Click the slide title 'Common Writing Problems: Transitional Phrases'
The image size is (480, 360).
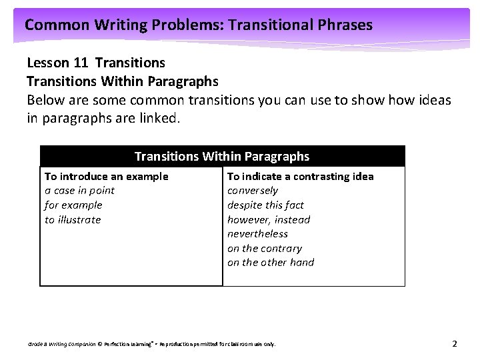pyautogui.click(x=198, y=25)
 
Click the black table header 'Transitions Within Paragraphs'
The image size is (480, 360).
pyautogui.click(x=222, y=156)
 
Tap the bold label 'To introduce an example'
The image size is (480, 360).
pyautogui.click(x=106, y=176)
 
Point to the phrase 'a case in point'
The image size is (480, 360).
pyautogui.click(x=79, y=191)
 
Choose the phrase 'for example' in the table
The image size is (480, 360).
pyautogui.click(x=73, y=205)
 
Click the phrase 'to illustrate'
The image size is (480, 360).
pyautogui.click(x=73, y=220)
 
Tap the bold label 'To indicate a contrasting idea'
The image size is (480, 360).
pyautogui.click(x=300, y=176)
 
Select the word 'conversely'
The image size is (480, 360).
pyautogui.click(x=253, y=191)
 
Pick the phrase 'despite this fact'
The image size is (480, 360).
pyautogui.click(x=265, y=205)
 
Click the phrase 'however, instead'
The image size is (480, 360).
pyautogui.click(x=269, y=220)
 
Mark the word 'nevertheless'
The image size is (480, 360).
pyautogui.click(x=257, y=234)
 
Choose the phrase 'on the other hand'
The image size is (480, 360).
pyautogui.click(x=271, y=263)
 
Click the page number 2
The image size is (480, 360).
pyautogui.click(x=455, y=344)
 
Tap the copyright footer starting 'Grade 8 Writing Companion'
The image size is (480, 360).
pyautogui.click(x=151, y=345)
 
